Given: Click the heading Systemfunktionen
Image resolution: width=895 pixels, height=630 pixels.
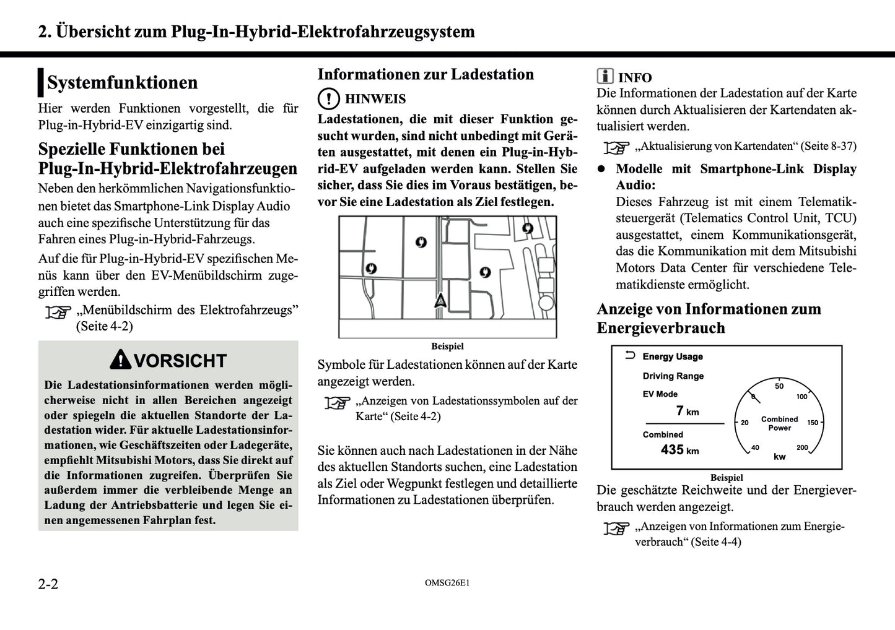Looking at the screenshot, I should tap(122, 82).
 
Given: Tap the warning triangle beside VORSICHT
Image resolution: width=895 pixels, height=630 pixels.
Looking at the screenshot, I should tap(120, 360).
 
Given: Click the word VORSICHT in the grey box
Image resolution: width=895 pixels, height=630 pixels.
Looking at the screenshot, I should tap(180, 361).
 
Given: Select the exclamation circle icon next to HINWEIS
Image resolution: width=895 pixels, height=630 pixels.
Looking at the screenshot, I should tap(328, 99).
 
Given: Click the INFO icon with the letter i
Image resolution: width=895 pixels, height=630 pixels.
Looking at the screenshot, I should tap(605, 77).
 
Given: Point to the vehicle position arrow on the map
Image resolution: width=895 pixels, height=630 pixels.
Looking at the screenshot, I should tap(440, 301).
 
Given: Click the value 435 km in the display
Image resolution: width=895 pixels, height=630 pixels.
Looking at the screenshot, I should tap(679, 451).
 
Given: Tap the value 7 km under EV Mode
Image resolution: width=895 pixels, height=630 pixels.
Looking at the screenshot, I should tap(687, 412).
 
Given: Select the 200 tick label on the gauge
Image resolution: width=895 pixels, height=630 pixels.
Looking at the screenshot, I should tap(802, 447).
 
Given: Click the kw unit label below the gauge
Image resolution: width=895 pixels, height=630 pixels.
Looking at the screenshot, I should tap(779, 457).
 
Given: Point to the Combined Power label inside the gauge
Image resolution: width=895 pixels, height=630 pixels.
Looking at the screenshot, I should tap(779, 423).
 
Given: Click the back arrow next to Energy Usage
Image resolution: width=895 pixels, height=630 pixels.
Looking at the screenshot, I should tap(630, 355).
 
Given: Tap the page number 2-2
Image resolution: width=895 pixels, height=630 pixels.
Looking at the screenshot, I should tap(48, 584).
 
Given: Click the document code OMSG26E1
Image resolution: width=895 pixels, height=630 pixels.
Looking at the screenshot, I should tap(447, 583).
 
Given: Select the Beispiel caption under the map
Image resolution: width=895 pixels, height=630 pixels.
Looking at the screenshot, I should tap(447, 347).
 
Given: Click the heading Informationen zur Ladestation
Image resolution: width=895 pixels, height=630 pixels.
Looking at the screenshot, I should tap(426, 74).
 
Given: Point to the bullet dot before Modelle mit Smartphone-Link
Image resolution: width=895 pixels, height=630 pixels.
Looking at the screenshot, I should tap(601, 169).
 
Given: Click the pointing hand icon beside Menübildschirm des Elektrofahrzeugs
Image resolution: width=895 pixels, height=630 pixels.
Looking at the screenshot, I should tap(58, 313).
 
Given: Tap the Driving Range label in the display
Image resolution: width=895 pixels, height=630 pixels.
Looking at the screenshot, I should tap(673, 376).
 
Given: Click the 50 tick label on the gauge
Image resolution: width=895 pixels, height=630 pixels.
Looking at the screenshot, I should tap(779, 386).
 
